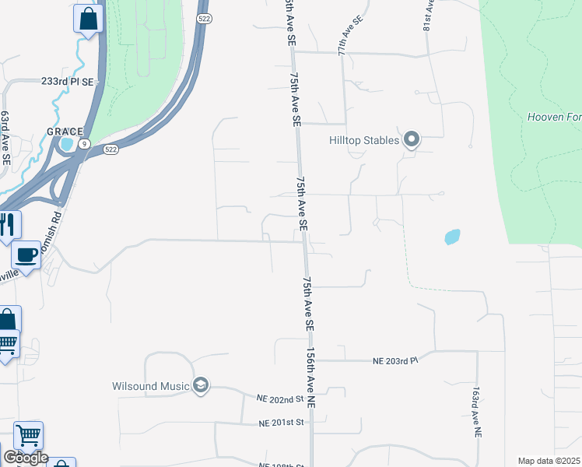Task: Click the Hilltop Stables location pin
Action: pos(412,140)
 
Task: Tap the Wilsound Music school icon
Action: pos(201,386)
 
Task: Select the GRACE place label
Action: pos(65,132)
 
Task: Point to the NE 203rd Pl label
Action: pos(395,361)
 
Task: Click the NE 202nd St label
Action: pos(279,399)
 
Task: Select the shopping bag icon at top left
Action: pos(89,19)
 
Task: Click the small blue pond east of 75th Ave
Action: pos(451,237)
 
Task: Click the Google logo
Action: pos(26,458)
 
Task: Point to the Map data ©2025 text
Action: pos(549,461)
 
